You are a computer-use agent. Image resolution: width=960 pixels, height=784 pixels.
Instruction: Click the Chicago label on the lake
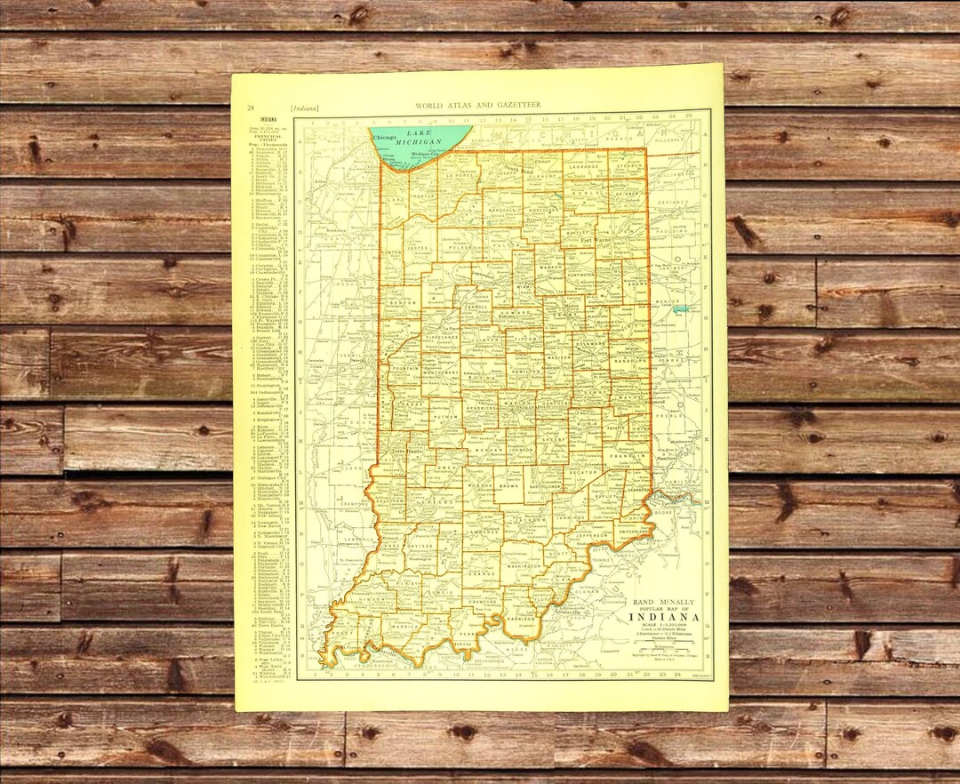pos(385,139)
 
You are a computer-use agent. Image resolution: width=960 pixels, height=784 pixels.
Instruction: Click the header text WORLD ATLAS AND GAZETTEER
pos(477,105)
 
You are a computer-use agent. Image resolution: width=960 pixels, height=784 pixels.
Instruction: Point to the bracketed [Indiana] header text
pos(305,108)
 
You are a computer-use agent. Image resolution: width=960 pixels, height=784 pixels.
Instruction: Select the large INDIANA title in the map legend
pos(664,617)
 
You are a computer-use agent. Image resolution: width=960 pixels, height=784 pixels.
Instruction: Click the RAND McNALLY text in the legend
pos(662,601)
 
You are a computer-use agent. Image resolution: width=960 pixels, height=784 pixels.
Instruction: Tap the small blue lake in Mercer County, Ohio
pos(681,308)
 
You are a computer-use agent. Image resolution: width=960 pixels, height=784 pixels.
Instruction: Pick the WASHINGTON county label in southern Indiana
pos(524,565)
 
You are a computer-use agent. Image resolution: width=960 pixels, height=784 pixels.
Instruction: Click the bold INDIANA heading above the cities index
pos(267,119)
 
